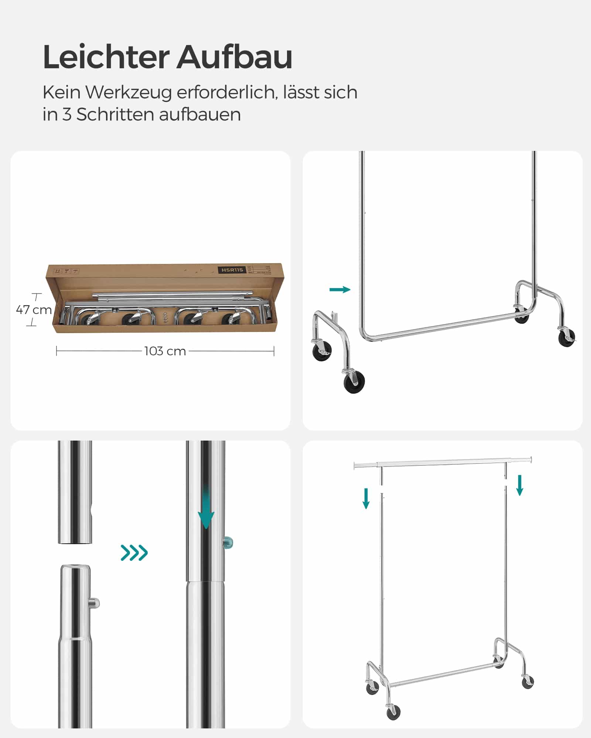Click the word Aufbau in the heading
tap(234, 57)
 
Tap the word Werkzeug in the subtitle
tap(129, 92)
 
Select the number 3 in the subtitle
tap(66, 114)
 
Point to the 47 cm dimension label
tap(34, 310)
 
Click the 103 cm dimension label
tap(165, 351)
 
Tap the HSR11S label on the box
tap(232, 270)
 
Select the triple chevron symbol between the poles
tap(134, 552)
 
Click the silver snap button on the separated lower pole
tap(95, 604)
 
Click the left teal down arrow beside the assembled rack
tap(366, 498)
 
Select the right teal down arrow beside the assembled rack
tap(520, 485)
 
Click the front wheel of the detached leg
tap(354, 382)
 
